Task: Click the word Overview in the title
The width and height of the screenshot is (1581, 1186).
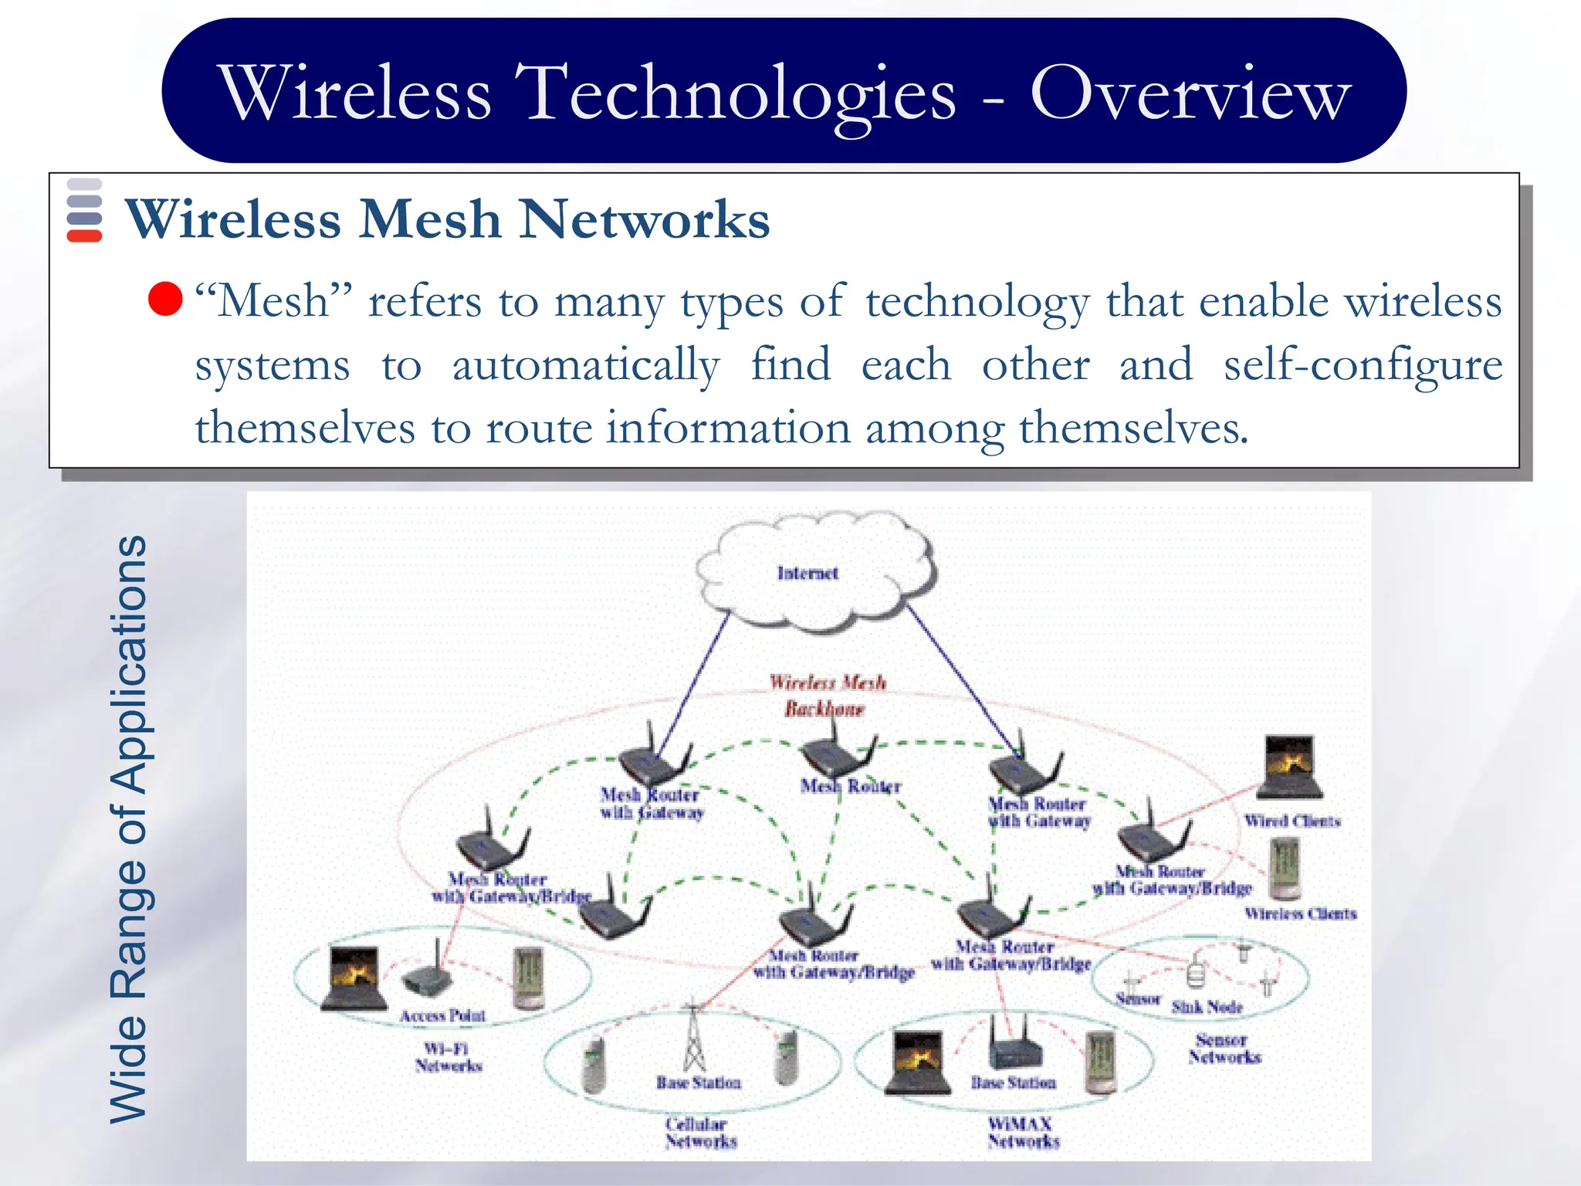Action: [x=1190, y=93]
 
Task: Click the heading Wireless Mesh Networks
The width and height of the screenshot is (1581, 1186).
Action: [x=448, y=219]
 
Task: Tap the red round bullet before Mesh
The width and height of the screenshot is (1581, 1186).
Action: [x=165, y=300]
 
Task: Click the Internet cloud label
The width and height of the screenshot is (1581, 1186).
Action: [x=807, y=573]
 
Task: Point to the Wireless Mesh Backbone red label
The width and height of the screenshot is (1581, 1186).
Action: [x=827, y=695]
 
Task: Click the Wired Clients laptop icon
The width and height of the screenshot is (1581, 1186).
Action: [x=1289, y=767]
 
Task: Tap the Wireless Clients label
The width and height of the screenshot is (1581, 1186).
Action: [x=1300, y=913]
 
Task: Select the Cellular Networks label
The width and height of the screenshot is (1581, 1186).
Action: [x=701, y=1133]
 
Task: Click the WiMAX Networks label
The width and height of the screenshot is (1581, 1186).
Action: [x=1023, y=1133]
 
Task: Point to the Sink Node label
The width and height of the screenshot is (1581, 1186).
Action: [x=1207, y=1007]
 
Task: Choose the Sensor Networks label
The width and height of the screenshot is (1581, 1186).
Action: [x=1224, y=1049]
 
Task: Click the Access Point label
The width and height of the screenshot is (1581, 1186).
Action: [x=442, y=1015]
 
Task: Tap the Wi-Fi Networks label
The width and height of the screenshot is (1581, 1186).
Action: [x=448, y=1057]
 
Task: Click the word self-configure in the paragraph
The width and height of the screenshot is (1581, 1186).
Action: [x=1363, y=364]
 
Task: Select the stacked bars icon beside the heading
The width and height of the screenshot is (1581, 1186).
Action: [x=84, y=210]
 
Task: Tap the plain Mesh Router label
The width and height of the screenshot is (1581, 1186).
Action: [x=851, y=786]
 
